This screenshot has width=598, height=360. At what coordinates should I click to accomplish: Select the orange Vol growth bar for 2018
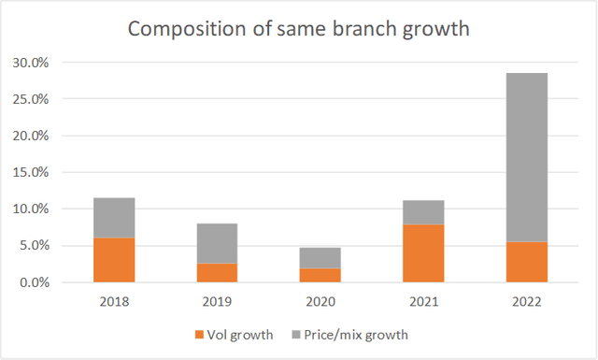tap(114, 260)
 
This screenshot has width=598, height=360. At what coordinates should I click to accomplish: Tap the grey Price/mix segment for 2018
tap(114, 218)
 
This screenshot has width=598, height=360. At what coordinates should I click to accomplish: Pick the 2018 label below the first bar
tap(114, 301)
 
